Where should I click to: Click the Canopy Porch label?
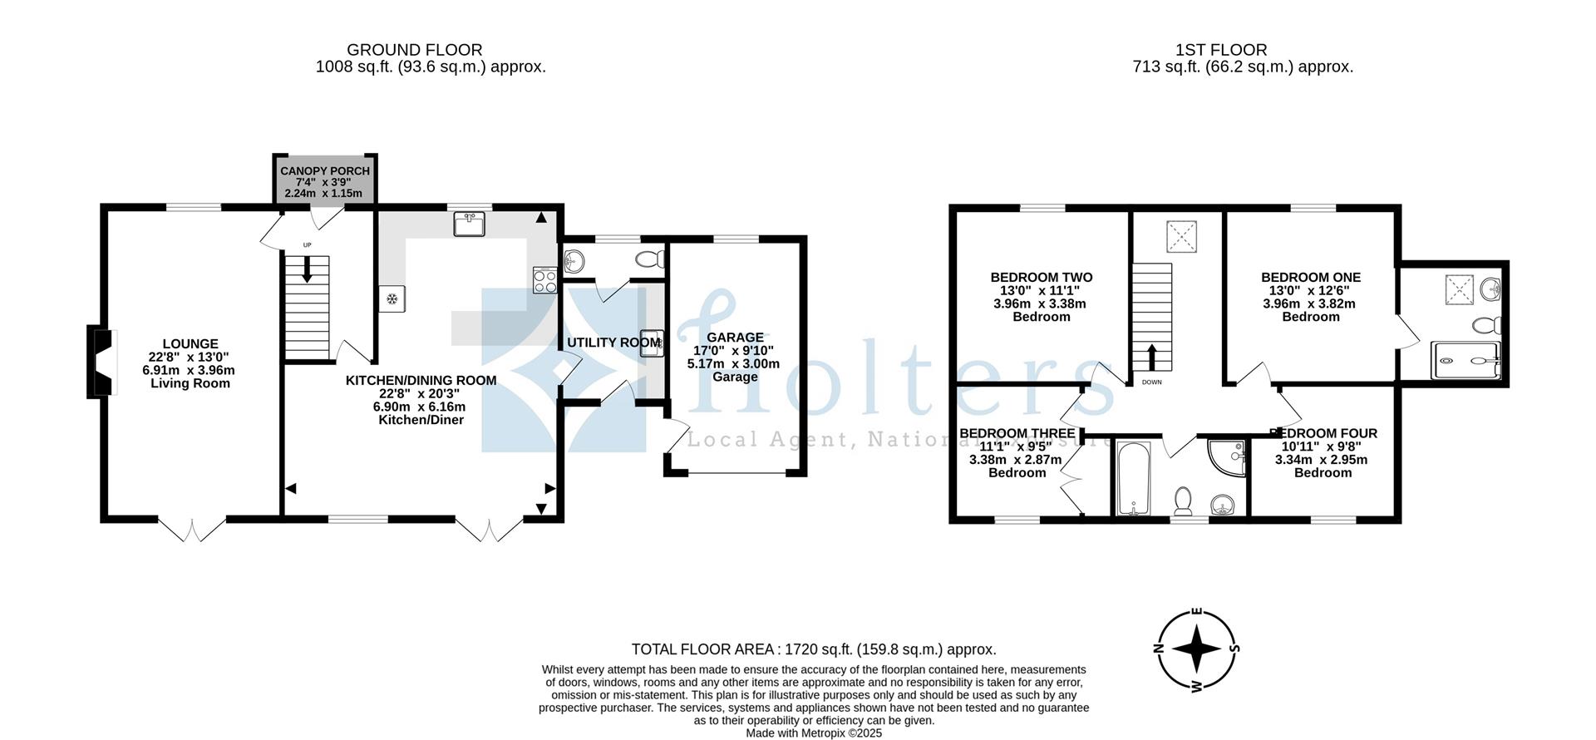(324, 171)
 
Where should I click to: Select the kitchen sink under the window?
(470, 224)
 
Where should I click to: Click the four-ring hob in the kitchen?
(544, 280)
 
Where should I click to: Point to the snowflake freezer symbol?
(392, 298)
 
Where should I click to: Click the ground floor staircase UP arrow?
(307, 269)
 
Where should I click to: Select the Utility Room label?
(613, 343)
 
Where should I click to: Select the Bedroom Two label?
(1041, 278)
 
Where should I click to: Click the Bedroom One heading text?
(1310, 278)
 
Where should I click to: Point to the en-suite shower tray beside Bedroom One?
(1467, 361)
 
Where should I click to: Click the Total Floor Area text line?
(813, 649)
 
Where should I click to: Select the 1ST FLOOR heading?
(1221, 50)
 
